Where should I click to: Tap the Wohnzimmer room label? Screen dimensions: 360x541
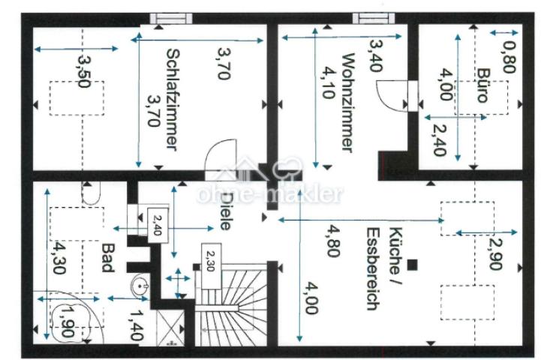tap(345, 102)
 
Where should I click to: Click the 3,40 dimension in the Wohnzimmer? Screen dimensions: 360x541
tap(375, 52)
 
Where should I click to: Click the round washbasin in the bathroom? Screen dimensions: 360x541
tap(140, 287)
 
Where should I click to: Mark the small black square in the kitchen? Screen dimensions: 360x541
tap(413, 264)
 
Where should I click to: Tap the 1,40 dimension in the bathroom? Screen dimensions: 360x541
tap(136, 325)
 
